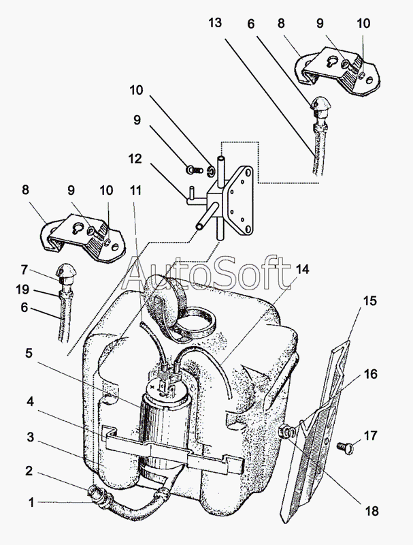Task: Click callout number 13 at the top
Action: click(215, 23)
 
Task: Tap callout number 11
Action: click(137, 193)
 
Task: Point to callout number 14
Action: click(302, 269)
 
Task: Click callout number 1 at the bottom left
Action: click(30, 503)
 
